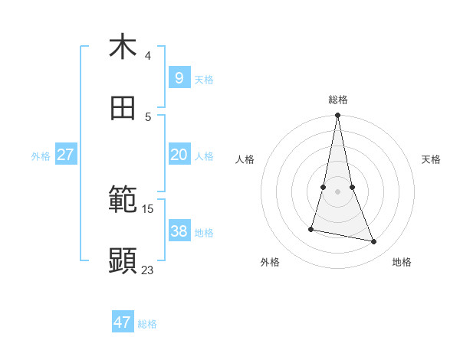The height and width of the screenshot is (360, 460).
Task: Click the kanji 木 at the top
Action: click(123, 47)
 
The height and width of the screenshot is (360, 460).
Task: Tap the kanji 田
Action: click(123, 109)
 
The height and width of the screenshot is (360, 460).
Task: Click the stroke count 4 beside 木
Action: click(147, 55)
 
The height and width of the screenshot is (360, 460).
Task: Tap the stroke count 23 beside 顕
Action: click(147, 270)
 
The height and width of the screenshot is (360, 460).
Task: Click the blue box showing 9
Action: click(179, 77)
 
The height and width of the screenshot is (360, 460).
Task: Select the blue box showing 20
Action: click(179, 155)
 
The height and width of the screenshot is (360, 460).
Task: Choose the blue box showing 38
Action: click(179, 231)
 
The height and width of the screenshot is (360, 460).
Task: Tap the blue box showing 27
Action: click(65, 155)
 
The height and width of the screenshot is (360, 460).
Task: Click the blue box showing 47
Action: click(123, 322)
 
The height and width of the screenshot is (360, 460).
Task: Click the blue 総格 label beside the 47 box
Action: click(147, 324)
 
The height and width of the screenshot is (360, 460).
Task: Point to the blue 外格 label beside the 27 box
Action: click(41, 156)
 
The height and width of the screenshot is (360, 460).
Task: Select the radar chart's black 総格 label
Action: click(338, 100)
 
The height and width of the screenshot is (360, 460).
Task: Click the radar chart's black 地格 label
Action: click(402, 262)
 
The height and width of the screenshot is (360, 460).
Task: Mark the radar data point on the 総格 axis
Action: click(338, 116)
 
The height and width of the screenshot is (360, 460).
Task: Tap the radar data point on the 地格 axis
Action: click(374, 242)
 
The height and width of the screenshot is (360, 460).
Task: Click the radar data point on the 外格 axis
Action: click(311, 229)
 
